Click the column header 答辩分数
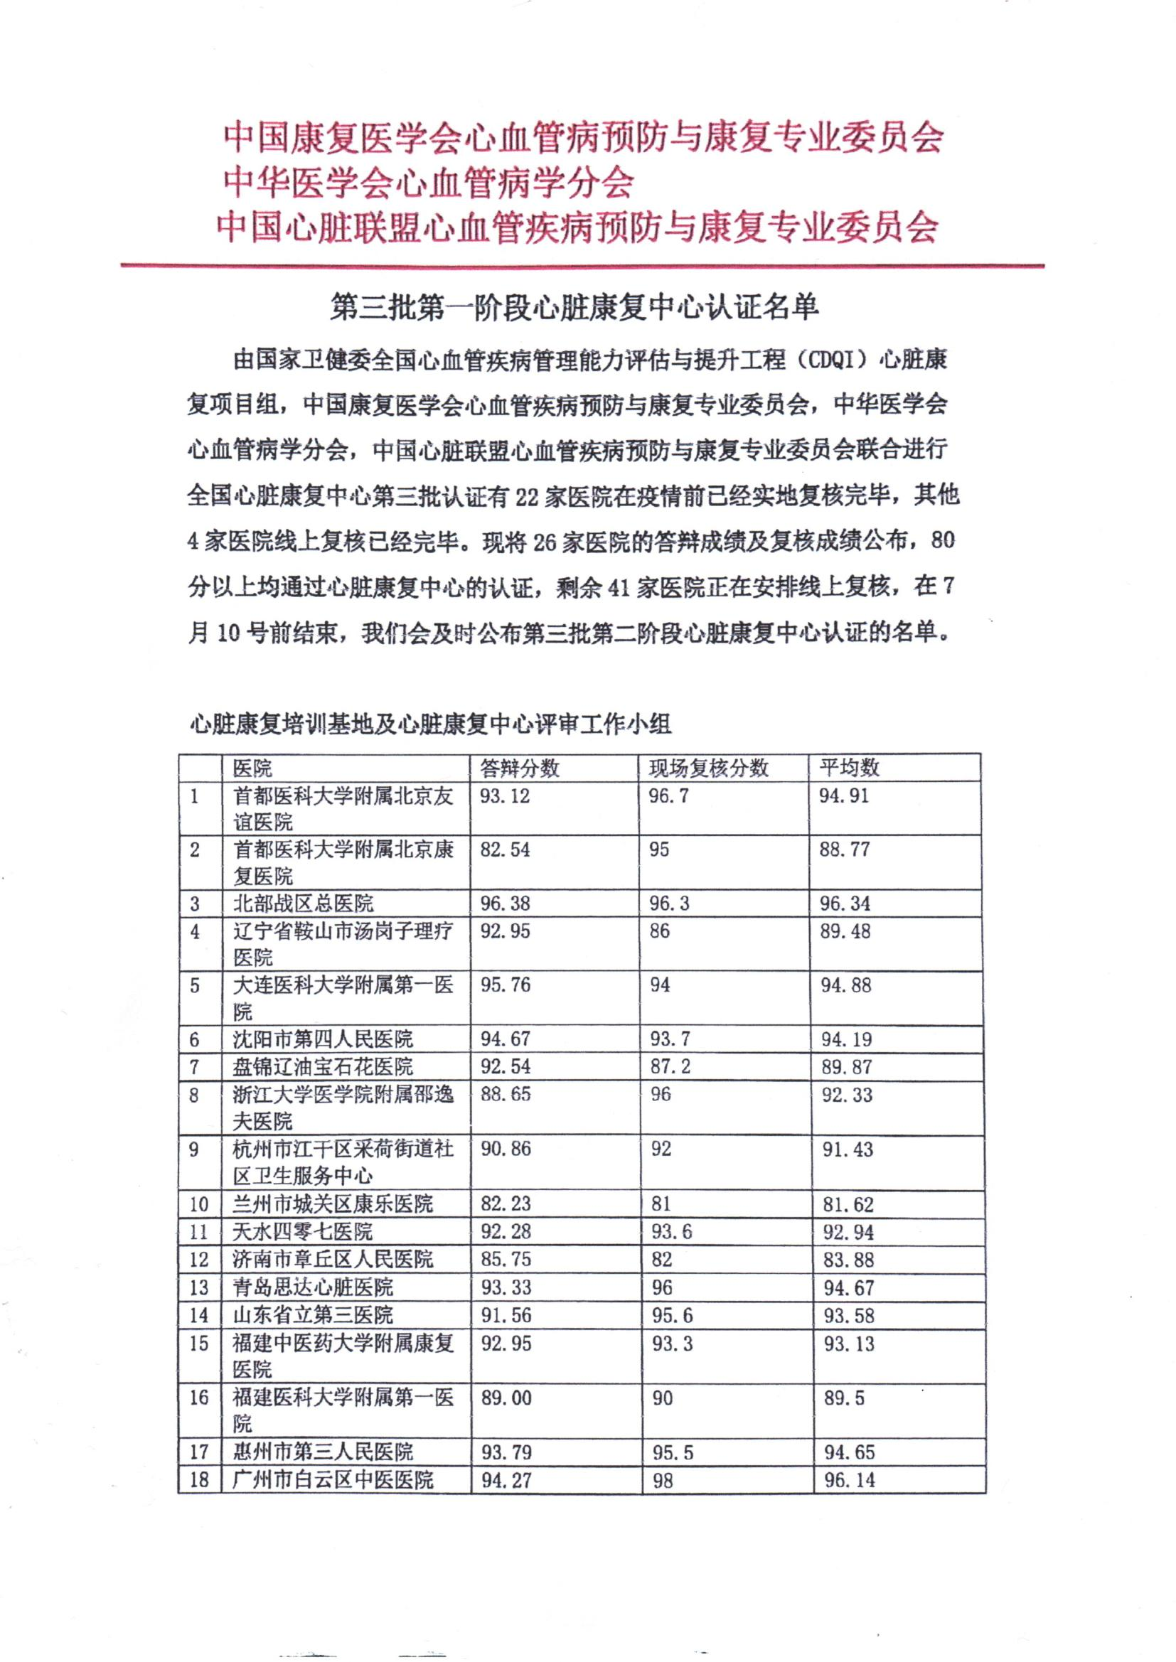[519, 768]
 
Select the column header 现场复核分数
[707, 768]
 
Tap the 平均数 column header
[849, 768]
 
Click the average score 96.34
[845, 904]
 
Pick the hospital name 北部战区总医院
[304, 904]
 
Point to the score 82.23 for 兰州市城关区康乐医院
[506, 1203]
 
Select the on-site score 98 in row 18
[662, 1480]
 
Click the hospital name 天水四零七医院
[303, 1231]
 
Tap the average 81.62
[848, 1204]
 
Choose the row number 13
[198, 1287]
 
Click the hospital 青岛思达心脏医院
[313, 1287]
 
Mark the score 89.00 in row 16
[506, 1398]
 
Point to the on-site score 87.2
[670, 1067]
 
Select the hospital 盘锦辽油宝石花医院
[323, 1066]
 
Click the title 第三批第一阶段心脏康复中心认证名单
[574, 307]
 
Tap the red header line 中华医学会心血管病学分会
[428, 182]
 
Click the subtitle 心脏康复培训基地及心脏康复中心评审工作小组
[430, 724]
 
